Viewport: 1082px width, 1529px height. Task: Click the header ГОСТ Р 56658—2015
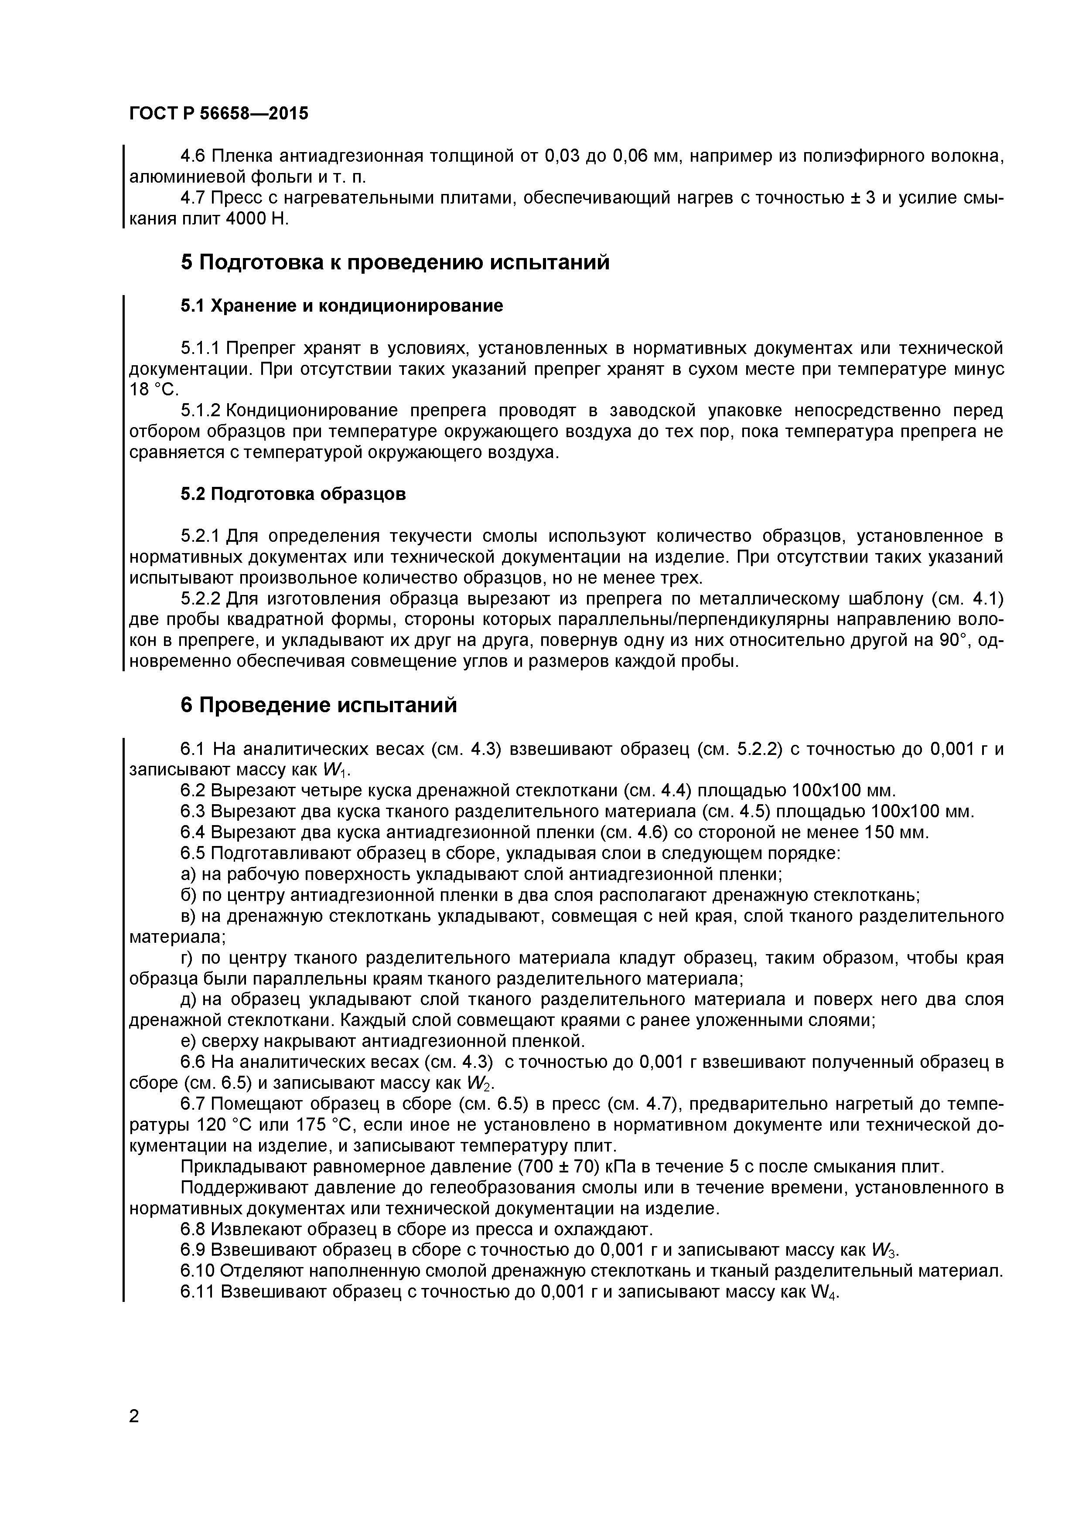(218, 114)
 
